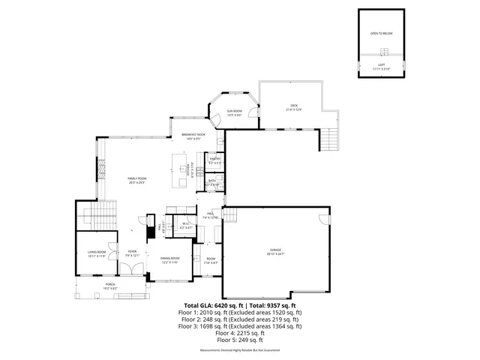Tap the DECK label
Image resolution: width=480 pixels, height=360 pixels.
click(x=294, y=105)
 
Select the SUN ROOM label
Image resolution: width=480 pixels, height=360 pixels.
click(x=234, y=111)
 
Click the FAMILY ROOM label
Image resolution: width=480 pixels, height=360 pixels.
click(x=136, y=178)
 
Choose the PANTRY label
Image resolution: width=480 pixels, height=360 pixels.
click(x=214, y=159)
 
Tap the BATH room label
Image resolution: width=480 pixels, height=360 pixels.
click(x=212, y=180)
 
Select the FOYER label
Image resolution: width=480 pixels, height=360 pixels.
click(x=132, y=252)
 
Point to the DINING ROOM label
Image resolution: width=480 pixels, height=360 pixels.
click(x=170, y=259)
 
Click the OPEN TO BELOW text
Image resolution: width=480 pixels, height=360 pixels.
click(x=382, y=34)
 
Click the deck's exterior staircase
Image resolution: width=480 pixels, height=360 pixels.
click(x=330, y=138)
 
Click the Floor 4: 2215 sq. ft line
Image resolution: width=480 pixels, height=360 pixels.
click(x=240, y=333)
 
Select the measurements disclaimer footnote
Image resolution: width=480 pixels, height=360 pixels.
click(x=240, y=350)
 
